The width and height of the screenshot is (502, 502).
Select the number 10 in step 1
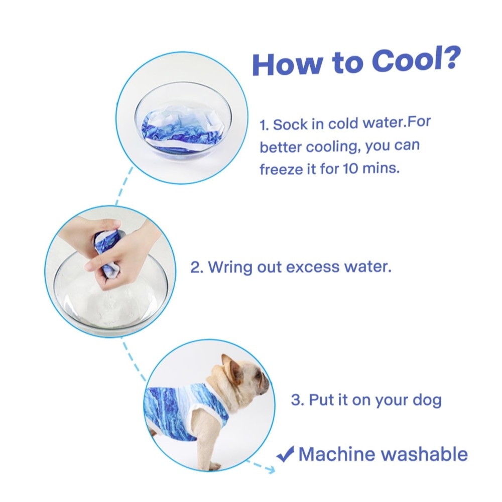(350, 168)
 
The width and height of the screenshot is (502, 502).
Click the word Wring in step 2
(230, 268)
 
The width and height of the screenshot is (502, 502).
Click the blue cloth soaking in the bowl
(181, 131)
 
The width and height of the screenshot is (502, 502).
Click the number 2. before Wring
(197, 267)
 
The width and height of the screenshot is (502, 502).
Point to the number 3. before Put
(298, 400)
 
